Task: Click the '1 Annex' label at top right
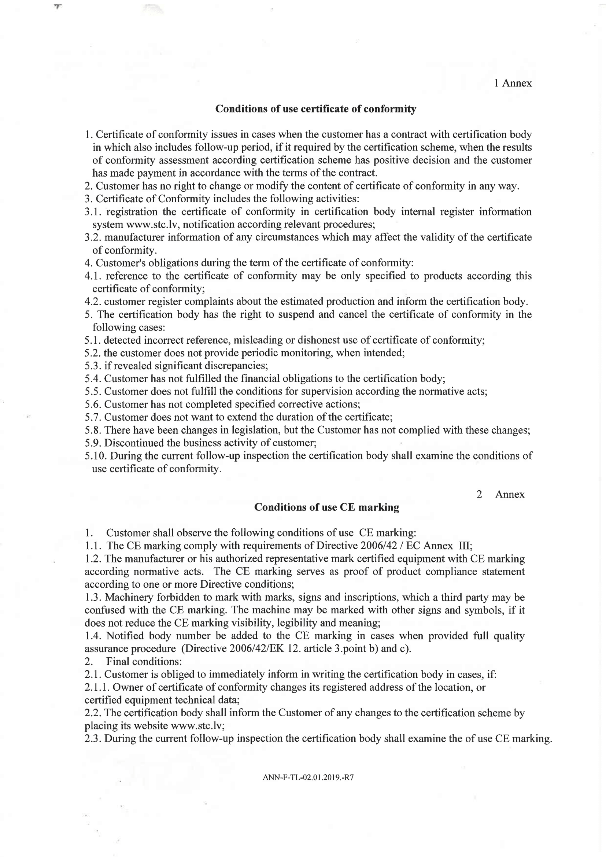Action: pyautogui.click(x=513, y=83)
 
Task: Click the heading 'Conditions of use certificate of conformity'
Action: pyautogui.click(x=316, y=109)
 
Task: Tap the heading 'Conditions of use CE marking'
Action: pyautogui.click(x=326, y=507)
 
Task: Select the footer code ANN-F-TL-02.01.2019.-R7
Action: pyautogui.click(x=308, y=777)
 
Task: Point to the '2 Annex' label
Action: pyautogui.click(x=500, y=495)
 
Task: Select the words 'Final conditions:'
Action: pyautogui.click(x=144, y=662)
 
